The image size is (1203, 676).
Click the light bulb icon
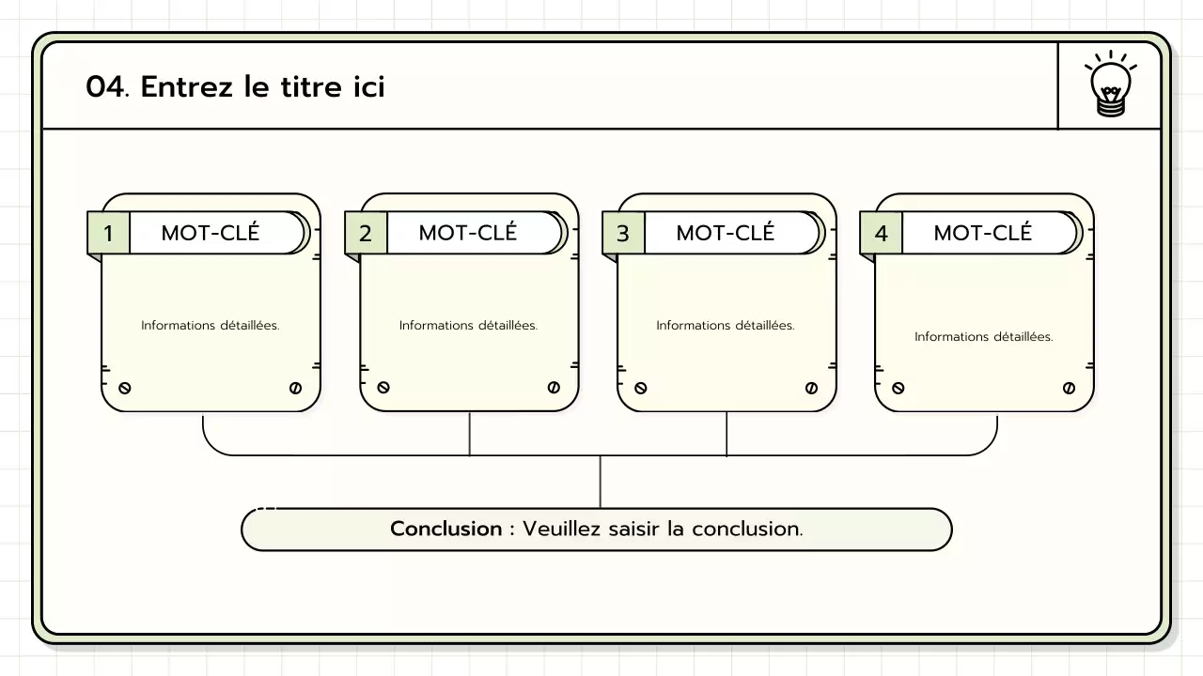click(1110, 86)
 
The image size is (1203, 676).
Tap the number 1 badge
click(108, 234)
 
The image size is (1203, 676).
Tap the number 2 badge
click(366, 234)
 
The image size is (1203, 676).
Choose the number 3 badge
click(623, 234)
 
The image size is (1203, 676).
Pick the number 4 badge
click(881, 234)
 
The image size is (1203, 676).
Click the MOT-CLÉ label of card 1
click(211, 233)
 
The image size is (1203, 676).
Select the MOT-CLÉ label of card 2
click(468, 233)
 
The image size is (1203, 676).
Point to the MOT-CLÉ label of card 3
click(726, 233)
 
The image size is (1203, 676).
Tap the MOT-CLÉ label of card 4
click(983, 233)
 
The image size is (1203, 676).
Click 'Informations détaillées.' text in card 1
click(211, 326)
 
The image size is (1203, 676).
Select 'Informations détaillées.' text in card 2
click(468, 326)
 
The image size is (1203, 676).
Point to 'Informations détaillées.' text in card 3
click(726, 326)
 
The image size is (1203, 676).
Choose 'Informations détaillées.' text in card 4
click(983, 337)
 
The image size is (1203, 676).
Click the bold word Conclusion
click(446, 529)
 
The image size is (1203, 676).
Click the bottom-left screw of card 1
click(125, 388)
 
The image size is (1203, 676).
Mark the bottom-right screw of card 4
click(1069, 388)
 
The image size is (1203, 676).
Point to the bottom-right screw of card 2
click(554, 388)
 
